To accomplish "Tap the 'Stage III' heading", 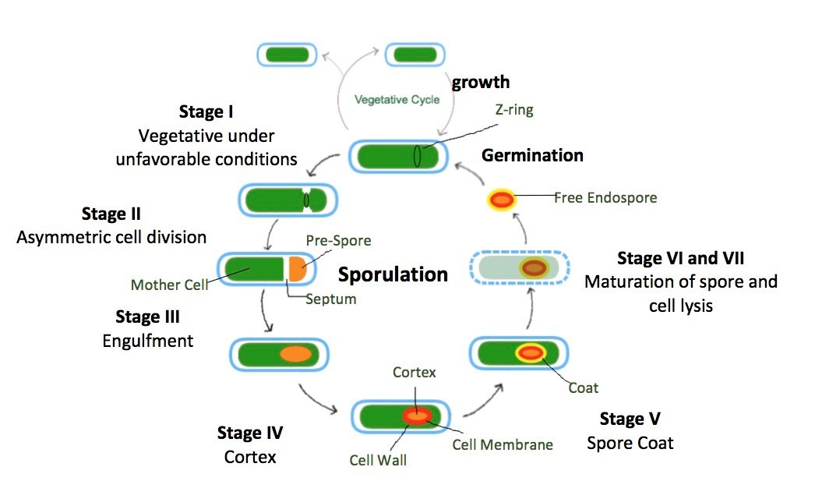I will click(x=147, y=317).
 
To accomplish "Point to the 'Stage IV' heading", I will click(x=249, y=433).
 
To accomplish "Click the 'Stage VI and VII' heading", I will click(x=681, y=257).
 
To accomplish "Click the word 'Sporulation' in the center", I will click(x=393, y=274).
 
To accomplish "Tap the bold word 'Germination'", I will click(x=532, y=155).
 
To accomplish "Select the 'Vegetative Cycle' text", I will click(x=397, y=100).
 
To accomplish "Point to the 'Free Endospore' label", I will click(x=605, y=198).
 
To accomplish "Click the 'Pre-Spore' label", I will click(x=337, y=241).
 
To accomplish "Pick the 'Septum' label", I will click(x=331, y=299).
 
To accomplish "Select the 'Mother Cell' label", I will click(x=169, y=285).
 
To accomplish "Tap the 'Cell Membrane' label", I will click(x=503, y=445).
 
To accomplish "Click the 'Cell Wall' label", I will click(x=378, y=460).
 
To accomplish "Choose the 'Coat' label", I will click(x=584, y=387).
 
